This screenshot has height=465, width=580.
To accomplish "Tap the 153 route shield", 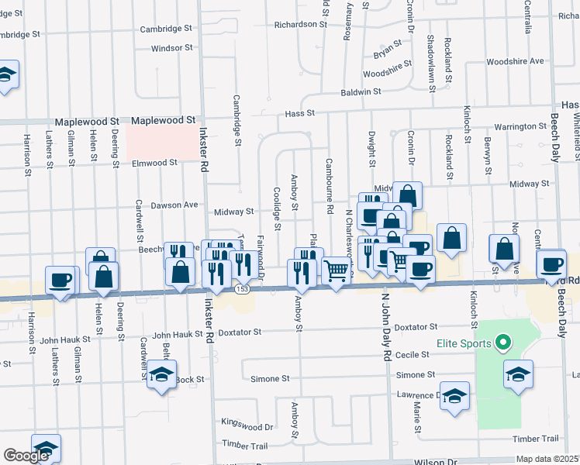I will click(243, 288).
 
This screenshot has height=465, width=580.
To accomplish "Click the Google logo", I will click(26, 456).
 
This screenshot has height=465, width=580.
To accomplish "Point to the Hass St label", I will click(299, 113).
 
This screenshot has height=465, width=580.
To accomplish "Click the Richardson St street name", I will click(300, 24).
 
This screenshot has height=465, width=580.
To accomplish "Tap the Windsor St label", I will click(171, 48).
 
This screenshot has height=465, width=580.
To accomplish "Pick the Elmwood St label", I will click(155, 163).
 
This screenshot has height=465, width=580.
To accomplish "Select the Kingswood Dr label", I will click(247, 426).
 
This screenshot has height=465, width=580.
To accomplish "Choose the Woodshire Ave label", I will click(515, 61).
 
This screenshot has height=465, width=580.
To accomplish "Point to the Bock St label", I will click(189, 380).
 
